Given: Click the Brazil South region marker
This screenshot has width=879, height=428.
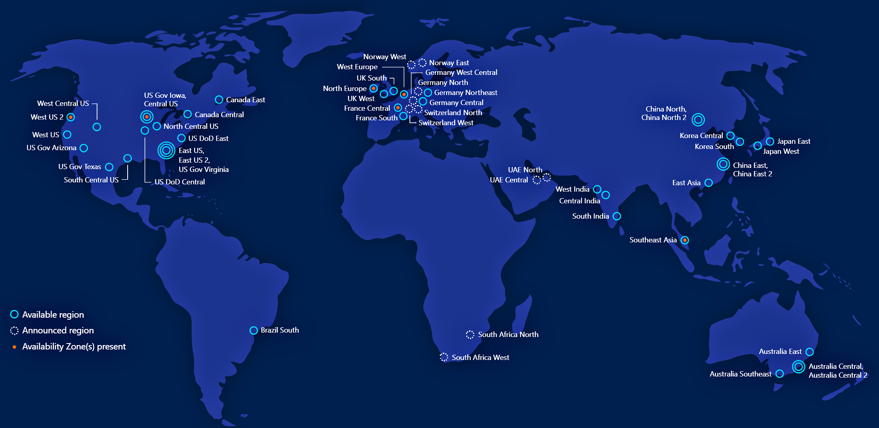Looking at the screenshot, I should coord(253,331).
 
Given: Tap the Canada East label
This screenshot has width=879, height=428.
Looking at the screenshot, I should coord(245,100).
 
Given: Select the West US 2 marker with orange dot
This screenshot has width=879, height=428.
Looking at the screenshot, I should coord(71,117).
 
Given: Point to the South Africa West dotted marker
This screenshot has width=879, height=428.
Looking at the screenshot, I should coord(444,357).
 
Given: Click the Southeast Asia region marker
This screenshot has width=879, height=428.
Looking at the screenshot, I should coord(685,240).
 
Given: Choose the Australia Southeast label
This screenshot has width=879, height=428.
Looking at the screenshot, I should coord(740,374).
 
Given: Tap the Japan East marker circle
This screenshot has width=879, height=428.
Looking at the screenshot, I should coord(770,141).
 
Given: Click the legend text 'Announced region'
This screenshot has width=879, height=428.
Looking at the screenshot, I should coord(58,331).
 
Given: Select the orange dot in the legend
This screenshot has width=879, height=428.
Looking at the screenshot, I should coord(14,347).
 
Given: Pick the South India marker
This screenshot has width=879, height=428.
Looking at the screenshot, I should coord(616,216).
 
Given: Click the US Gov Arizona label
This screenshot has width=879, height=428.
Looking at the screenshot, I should coord(52,148).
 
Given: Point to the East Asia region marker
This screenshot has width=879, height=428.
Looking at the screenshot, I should coord(709,183).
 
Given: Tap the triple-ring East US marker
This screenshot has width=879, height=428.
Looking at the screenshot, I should coord(166,151).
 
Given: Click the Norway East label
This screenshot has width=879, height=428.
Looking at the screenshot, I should coord(449,63).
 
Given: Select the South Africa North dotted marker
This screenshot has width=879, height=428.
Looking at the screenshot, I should coord(470,335).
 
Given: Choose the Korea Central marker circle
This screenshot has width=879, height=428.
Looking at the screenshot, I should coord(730,136).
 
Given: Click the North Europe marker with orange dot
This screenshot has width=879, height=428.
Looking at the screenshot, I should coord(374,88).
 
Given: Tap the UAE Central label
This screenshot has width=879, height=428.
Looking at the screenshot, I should coord(509,180).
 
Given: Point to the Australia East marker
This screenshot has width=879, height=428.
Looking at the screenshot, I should coord(809,352).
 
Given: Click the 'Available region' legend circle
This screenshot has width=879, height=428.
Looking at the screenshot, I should coord(14,314).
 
